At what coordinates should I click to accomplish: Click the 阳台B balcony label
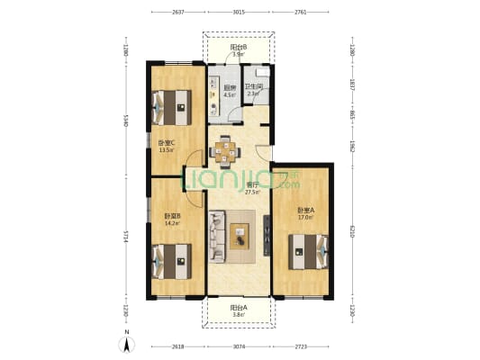(238, 47)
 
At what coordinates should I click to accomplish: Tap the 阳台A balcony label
(238, 308)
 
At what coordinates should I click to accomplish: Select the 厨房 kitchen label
(230, 88)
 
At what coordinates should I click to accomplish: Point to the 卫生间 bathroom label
(253, 87)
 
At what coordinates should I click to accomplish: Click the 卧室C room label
(166, 144)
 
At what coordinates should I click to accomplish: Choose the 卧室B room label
(173, 217)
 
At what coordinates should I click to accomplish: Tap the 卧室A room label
(305, 212)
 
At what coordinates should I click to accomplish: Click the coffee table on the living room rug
(240, 237)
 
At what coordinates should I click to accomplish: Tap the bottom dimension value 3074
(239, 346)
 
